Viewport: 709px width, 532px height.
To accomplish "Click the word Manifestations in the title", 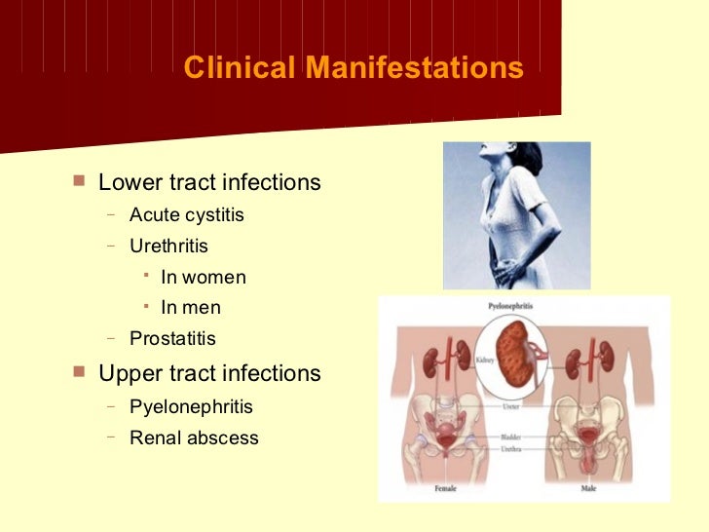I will click(415, 68).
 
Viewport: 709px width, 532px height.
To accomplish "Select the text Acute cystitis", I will click(186, 214).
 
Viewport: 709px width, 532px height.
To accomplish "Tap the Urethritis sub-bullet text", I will click(168, 246).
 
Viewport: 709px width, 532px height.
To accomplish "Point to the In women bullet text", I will click(203, 277).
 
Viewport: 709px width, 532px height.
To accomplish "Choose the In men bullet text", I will click(190, 308).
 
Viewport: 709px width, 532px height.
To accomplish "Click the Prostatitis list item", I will click(172, 339).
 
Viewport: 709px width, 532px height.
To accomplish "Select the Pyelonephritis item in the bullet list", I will click(191, 406).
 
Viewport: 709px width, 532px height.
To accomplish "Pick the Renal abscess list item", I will click(194, 437).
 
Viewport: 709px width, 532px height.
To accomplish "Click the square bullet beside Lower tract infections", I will click(80, 181).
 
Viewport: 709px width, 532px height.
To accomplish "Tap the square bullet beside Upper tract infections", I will click(80, 371).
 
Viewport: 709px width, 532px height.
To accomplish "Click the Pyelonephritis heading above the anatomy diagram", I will click(516, 306).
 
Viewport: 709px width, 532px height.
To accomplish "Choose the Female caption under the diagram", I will click(444, 489).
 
